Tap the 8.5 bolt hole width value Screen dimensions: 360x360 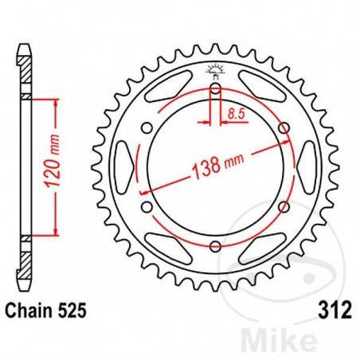pos(235,115)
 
